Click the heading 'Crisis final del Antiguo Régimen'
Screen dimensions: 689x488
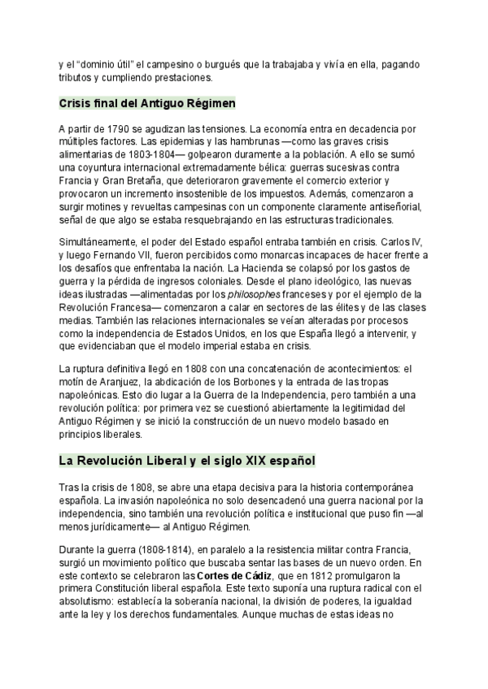tap(147, 104)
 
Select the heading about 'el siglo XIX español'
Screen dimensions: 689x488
tap(187, 461)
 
